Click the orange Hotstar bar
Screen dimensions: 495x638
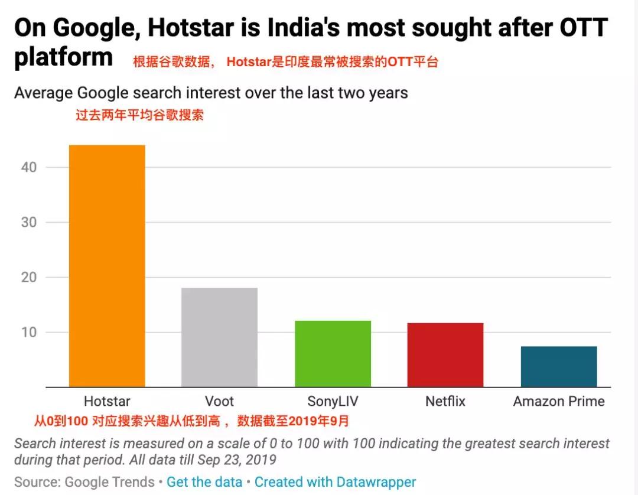pos(107,266)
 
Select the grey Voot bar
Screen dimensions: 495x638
pos(219,337)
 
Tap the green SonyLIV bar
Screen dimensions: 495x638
pos(333,354)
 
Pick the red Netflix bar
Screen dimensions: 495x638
pos(445,355)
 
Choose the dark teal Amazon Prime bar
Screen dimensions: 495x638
pos(559,366)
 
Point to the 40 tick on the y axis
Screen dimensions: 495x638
pos(28,167)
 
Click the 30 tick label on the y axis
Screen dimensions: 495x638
pos(28,222)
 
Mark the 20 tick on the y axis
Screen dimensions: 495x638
pos(28,277)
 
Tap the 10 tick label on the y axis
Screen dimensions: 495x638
pos(28,332)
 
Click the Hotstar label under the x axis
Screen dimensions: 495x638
pos(107,402)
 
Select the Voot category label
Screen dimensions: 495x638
pos(219,402)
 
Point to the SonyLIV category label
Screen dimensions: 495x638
pos(333,402)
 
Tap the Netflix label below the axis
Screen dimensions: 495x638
pos(445,402)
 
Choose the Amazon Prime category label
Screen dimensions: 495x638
pos(559,402)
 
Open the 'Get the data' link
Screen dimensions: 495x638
pos(204,482)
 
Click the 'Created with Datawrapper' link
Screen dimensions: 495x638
pos(336,482)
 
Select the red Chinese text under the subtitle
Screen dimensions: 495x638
pos(139,115)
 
